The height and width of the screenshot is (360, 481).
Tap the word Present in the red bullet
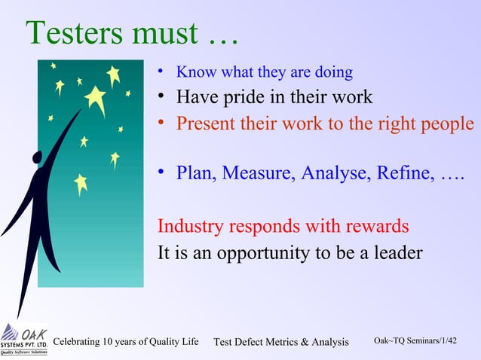pos(205,124)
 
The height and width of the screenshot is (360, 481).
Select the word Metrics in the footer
pos(278,343)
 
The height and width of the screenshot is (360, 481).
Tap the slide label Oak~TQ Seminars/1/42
pos(415,341)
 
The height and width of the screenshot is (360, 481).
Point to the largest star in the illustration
pos(96,98)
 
